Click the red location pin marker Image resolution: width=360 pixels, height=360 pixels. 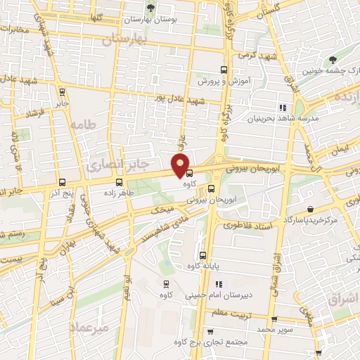click(x=181, y=165)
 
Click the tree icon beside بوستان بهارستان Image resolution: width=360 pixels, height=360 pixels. click(x=149, y=8)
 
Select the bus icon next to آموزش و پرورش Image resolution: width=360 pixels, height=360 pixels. click(x=224, y=70)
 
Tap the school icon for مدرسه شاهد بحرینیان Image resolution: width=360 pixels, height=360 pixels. click(x=283, y=108)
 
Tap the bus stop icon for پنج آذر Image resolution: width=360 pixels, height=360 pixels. click(x=63, y=181)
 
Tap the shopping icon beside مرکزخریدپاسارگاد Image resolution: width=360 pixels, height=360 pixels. click(x=310, y=209)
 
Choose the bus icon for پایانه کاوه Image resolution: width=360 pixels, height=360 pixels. click(x=203, y=255)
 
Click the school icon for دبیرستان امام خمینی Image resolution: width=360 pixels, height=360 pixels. click(x=219, y=284)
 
